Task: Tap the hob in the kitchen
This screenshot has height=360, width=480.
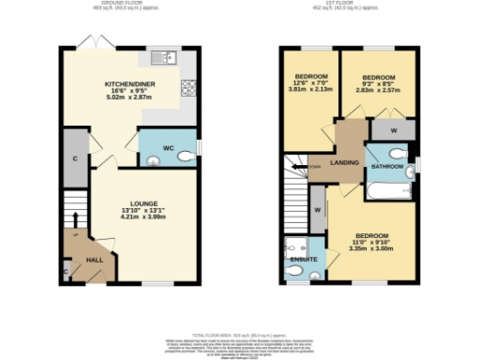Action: pos(187,89)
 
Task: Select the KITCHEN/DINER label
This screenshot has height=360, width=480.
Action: pos(127,84)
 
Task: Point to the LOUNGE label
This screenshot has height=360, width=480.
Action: pos(144,201)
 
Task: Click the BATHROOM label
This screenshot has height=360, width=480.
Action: pos(387,166)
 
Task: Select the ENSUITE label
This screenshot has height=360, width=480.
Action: pos(303,258)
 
